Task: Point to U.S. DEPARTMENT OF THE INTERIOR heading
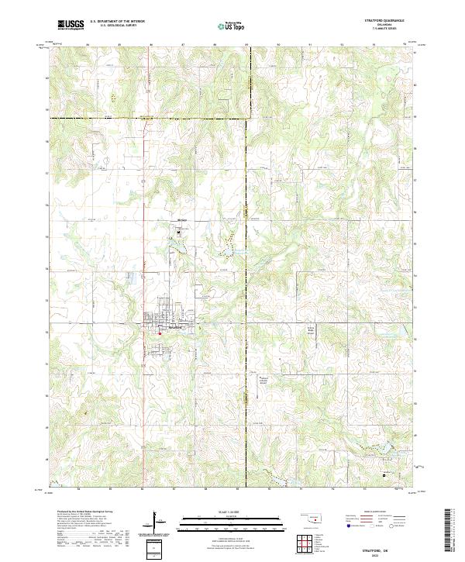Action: (117, 22)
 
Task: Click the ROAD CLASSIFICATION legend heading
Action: (373, 512)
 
